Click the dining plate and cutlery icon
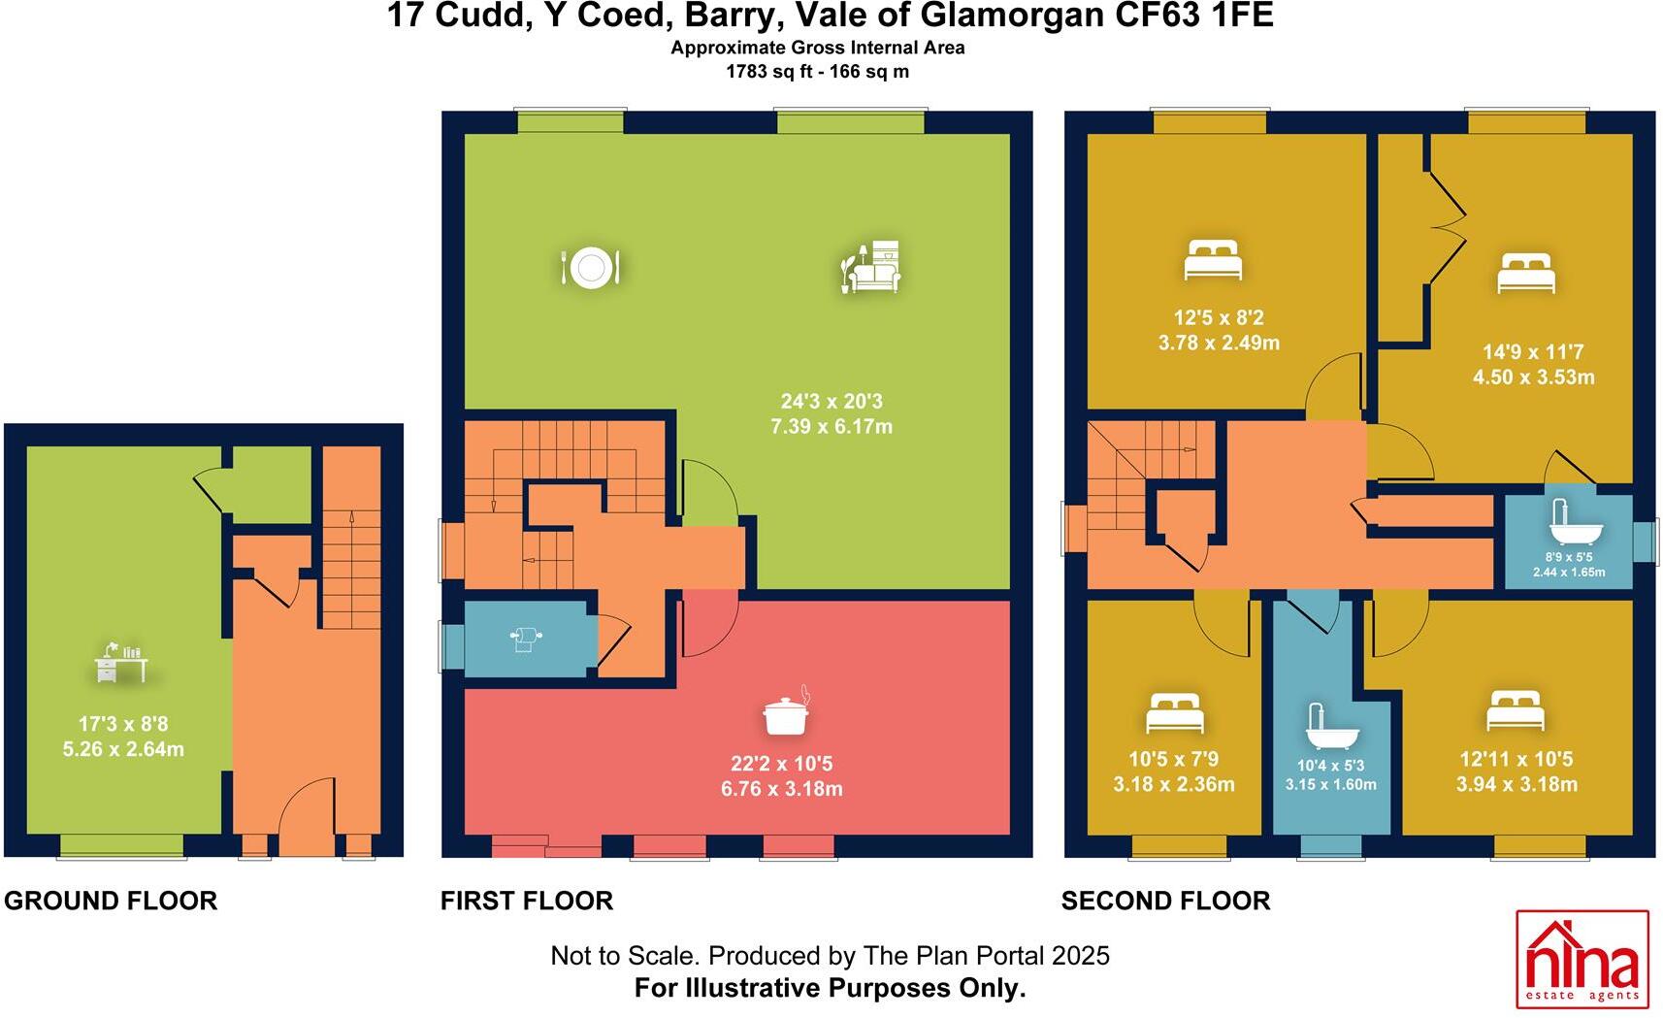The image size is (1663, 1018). coord(590,267)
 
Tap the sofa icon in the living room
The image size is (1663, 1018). coord(870,268)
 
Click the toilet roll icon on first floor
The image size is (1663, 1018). coord(525,639)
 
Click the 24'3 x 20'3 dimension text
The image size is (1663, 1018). coord(831,401)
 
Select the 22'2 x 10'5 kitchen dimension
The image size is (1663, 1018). coord(781,764)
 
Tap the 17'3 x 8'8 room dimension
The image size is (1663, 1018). coord(123,724)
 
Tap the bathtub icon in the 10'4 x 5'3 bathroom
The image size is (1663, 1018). coord(1331,728)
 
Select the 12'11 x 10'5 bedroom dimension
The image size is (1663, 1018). coord(1516,759)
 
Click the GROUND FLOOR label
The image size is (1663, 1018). coord(111,901)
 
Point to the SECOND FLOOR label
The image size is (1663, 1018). coord(1165,901)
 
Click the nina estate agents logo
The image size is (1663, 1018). coord(1581,959)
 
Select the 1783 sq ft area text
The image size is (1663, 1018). coord(771,72)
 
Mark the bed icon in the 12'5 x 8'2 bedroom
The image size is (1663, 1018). coord(1214,260)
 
